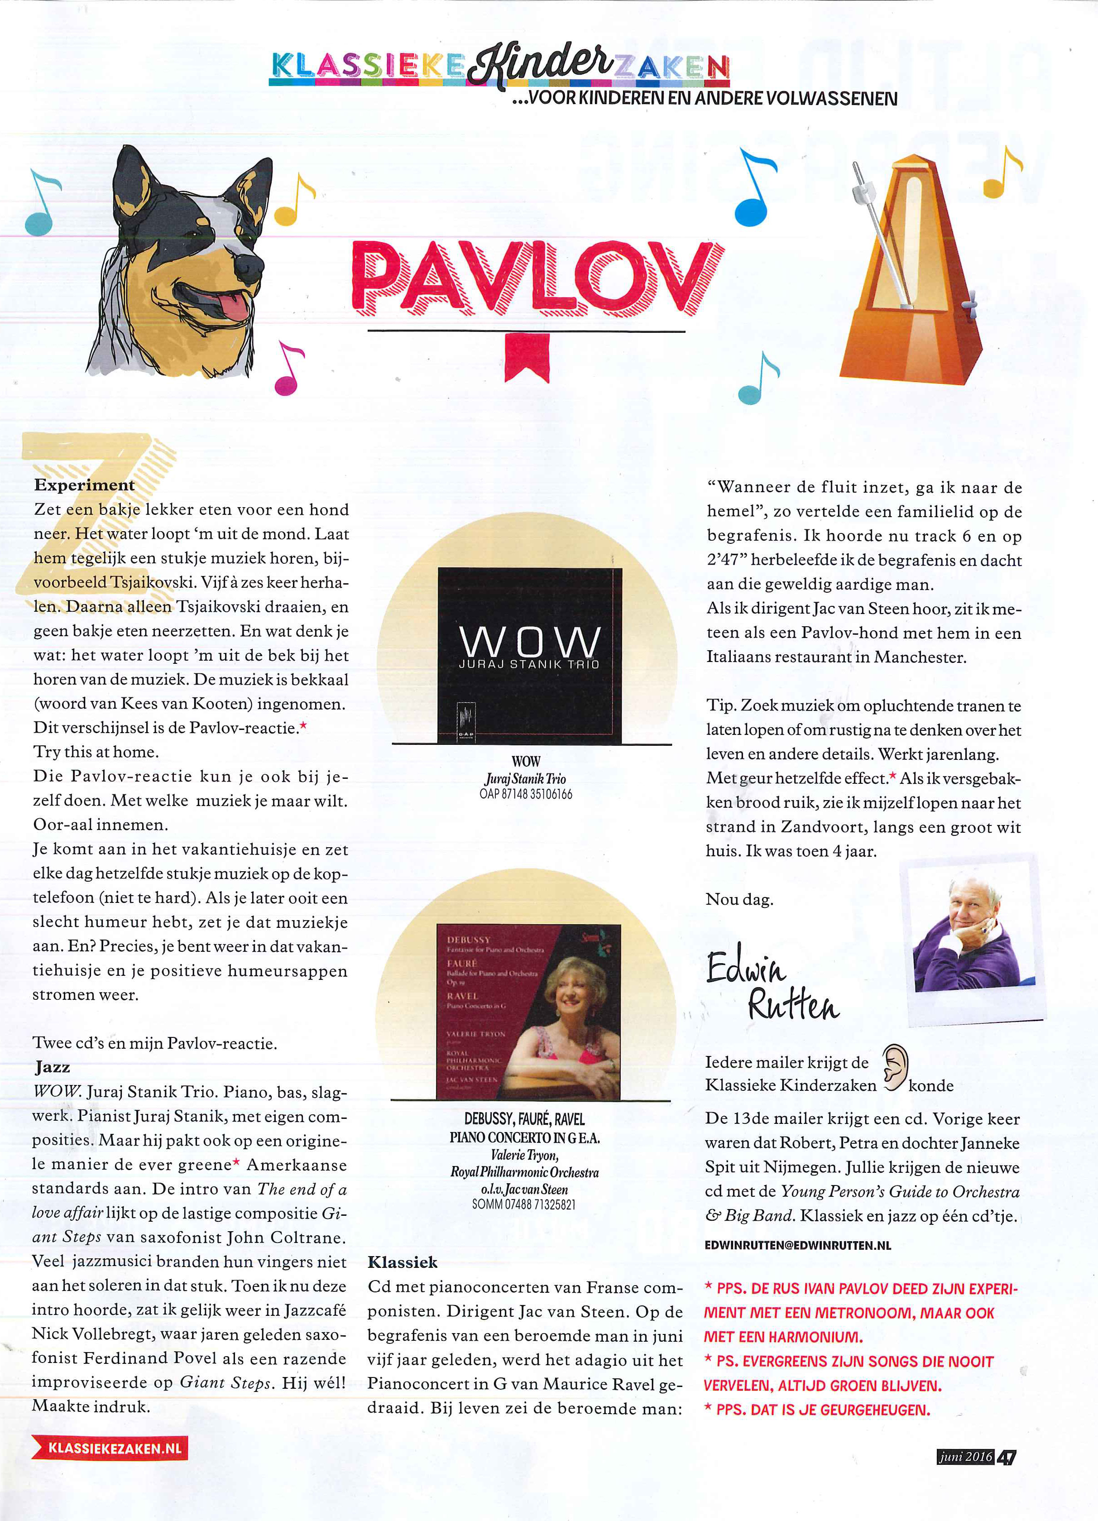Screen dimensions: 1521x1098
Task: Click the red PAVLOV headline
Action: (537, 278)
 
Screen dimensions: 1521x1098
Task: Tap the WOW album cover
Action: (530, 655)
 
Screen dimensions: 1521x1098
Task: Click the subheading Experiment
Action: (85, 485)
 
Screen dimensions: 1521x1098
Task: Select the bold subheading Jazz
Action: (53, 1067)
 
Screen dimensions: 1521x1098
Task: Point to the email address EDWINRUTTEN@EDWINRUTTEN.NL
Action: (797, 1245)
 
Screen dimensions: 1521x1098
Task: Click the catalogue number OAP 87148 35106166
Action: (526, 794)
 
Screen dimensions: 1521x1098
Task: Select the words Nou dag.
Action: (739, 899)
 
